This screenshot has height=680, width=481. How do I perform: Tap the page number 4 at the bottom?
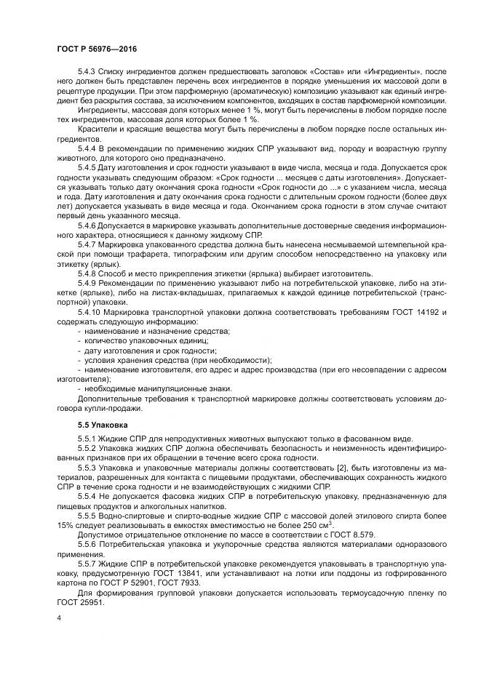pos(58,618)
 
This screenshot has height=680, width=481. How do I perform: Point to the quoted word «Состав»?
pos(330,73)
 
